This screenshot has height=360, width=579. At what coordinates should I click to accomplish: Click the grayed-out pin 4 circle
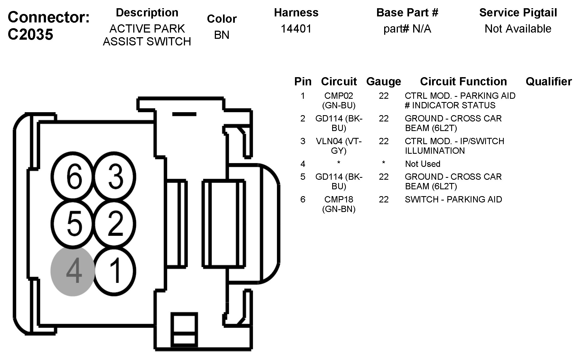click(73, 271)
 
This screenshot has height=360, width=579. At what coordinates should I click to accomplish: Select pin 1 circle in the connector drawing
click(115, 271)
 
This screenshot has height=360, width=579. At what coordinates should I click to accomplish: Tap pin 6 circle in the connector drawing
click(73, 176)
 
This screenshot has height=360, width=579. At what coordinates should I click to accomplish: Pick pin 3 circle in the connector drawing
click(115, 176)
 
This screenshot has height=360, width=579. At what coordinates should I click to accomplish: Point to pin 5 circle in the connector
click(73, 224)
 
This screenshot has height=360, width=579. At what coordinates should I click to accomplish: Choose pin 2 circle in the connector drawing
click(115, 224)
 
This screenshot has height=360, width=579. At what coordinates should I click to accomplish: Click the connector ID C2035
click(30, 35)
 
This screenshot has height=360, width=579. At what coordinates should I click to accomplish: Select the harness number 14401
click(296, 29)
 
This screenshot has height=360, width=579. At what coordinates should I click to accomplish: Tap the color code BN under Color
click(222, 35)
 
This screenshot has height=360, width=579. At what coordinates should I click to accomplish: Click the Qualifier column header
click(549, 82)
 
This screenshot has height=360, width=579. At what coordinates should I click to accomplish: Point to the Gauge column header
click(384, 82)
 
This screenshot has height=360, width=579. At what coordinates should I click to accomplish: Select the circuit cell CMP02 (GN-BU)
click(339, 100)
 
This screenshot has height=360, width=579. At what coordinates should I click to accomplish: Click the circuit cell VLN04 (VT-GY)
click(339, 146)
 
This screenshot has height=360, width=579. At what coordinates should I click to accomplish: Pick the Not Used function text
click(422, 164)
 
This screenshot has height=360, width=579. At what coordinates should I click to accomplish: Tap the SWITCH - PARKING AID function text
click(453, 199)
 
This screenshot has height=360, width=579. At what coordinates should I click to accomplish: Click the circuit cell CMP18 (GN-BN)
click(339, 204)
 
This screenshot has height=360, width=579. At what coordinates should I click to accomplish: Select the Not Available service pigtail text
click(518, 29)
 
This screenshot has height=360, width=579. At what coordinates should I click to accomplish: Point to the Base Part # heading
click(407, 13)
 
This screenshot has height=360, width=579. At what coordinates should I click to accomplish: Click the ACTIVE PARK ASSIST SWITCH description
click(147, 35)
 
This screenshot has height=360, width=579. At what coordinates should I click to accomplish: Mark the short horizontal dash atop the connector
click(184, 114)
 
